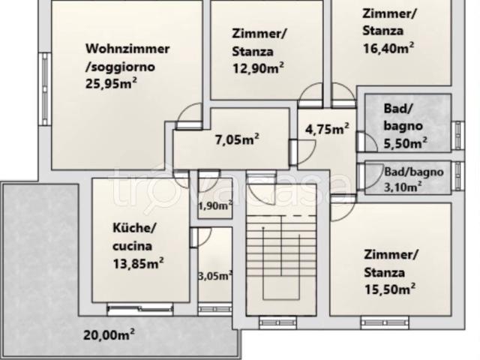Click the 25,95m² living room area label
click(111, 83)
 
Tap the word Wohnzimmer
click(127, 49)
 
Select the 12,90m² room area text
click(258, 68)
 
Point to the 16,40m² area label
click(388, 48)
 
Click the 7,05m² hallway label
click(237, 139)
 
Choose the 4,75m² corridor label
click(327, 129)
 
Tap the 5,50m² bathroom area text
click(406, 143)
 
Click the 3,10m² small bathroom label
click(403, 187)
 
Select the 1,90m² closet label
click(215, 205)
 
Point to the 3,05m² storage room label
click(215, 276)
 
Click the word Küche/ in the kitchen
click(135, 228)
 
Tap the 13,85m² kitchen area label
click(138, 263)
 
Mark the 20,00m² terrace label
click(109, 334)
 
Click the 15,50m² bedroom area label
click(390, 289)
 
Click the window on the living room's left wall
click(45, 89)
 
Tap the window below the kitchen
click(140, 309)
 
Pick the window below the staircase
click(278, 322)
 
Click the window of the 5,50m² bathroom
click(457, 135)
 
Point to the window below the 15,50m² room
click(385, 322)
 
